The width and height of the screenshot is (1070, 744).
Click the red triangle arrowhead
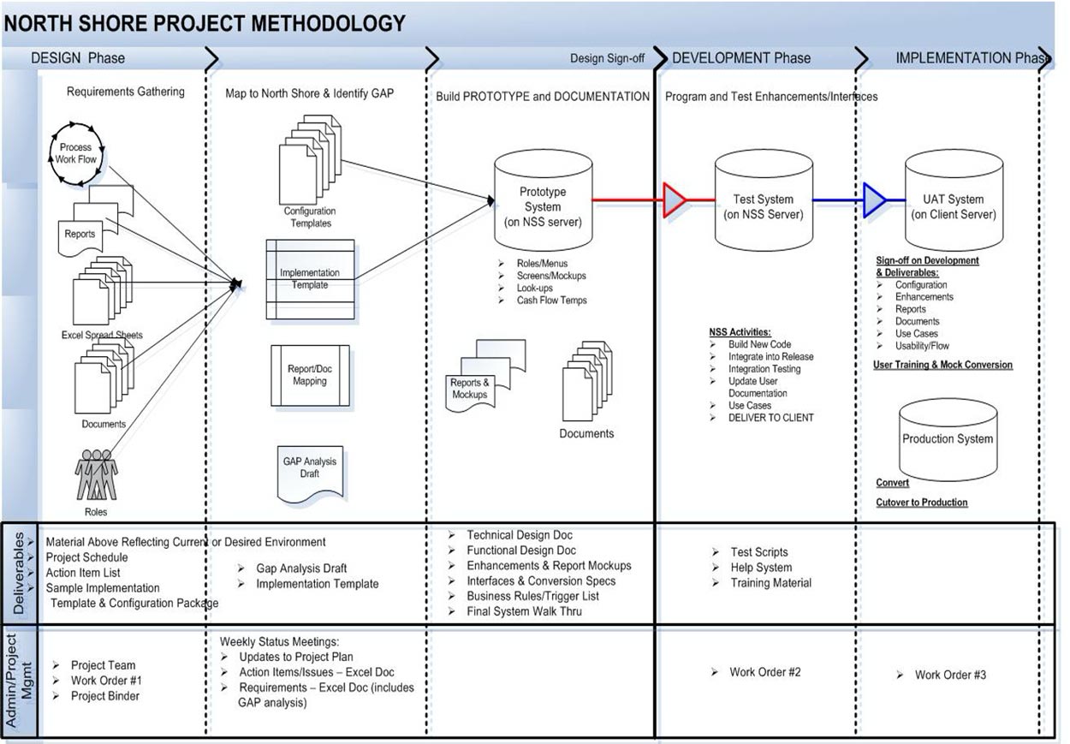pyautogui.click(x=675, y=200)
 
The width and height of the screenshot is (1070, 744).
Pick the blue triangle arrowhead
pyautogui.click(x=874, y=200)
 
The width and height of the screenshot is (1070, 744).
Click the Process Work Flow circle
pyautogui.click(x=75, y=154)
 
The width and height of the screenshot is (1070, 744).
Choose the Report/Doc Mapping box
pyautogui.click(x=310, y=376)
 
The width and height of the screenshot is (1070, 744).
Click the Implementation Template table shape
pyautogui.click(x=310, y=279)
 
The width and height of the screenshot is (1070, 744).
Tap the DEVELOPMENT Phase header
pyautogui.click(x=741, y=58)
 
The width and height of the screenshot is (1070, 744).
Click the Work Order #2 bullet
pyautogui.click(x=764, y=672)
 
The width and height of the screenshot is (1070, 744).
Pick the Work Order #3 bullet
pyautogui.click(x=950, y=675)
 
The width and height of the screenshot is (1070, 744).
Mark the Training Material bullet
pyautogui.click(x=770, y=583)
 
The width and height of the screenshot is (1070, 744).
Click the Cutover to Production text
pyautogui.click(x=921, y=503)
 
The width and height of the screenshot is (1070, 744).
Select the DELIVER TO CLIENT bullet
pyautogui.click(x=770, y=418)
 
